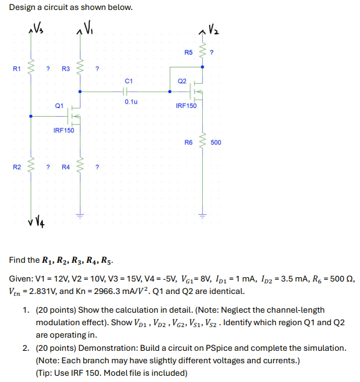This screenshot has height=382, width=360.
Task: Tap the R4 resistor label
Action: (x=66, y=167)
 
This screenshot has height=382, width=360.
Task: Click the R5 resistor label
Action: (x=188, y=52)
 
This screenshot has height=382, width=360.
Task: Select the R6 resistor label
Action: (x=188, y=143)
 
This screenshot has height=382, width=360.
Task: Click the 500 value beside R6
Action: (x=216, y=143)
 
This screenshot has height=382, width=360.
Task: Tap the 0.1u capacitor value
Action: (x=130, y=100)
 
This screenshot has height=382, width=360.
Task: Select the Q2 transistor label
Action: (x=182, y=81)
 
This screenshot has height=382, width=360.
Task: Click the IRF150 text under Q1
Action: (x=63, y=130)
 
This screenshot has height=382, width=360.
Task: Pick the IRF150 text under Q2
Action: (x=186, y=106)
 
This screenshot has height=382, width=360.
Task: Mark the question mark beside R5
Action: (x=213, y=52)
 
